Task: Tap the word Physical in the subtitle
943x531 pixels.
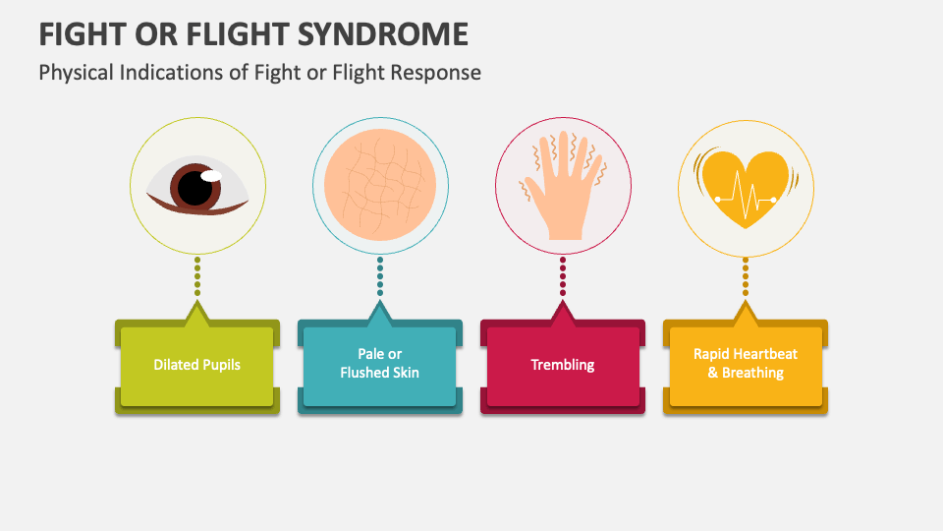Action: pyautogui.click(x=75, y=73)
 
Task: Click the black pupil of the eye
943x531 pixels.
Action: pyautogui.click(x=195, y=187)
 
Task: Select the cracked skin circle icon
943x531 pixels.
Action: pyautogui.click(x=380, y=184)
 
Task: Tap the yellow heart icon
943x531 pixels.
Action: pyautogui.click(x=745, y=187)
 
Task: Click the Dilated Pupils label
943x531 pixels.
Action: pyautogui.click(x=196, y=365)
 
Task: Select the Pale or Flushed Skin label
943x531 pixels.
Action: pyautogui.click(x=379, y=364)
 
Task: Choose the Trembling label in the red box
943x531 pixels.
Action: pyautogui.click(x=563, y=365)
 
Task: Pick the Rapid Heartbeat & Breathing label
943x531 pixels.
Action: pyautogui.click(x=746, y=364)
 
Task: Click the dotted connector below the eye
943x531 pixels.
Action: pyautogui.click(x=197, y=277)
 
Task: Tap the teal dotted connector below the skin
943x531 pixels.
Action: pyautogui.click(x=380, y=277)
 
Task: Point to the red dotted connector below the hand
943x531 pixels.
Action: pyautogui.click(x=563, y=277)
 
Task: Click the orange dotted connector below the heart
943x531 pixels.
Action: pyautogui.click(x=746, y=277)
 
